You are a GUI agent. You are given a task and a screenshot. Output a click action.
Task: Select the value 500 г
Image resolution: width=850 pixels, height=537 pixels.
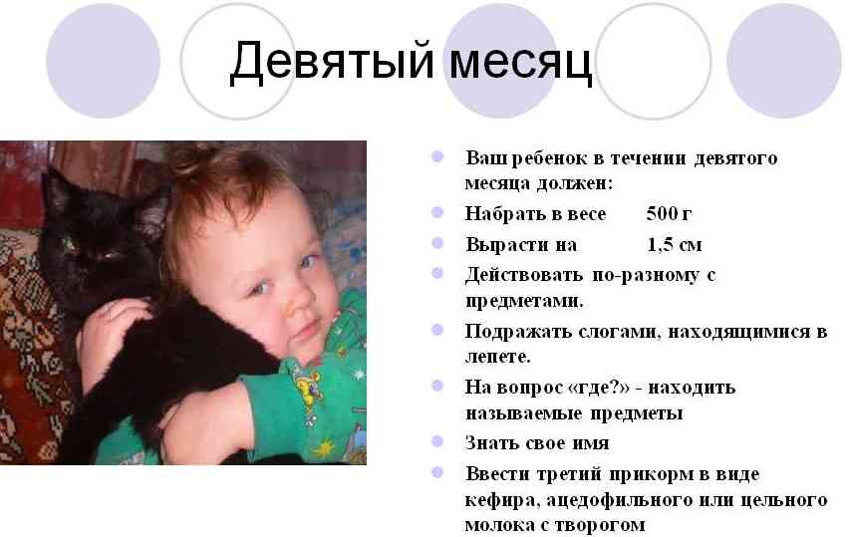pyautogui.click(x=669, y=213)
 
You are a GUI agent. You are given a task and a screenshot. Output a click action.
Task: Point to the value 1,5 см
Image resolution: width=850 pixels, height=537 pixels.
pyautogui.click(x=675, y=243)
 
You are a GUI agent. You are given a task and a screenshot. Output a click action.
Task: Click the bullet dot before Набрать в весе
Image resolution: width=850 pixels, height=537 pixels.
pyautogui.click(x=436, y=212)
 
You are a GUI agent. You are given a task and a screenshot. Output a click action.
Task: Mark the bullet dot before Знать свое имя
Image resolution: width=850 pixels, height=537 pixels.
pyautogui.click(x=436, y=441)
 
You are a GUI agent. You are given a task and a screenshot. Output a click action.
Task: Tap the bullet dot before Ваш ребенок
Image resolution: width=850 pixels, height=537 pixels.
pyautogui.click(x=436, y=156)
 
